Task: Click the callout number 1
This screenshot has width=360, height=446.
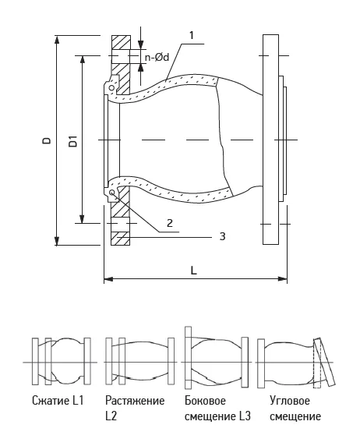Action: tap(192, 35)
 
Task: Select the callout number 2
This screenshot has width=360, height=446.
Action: tap(170, 223)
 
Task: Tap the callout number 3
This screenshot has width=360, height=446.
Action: tap(222, 236)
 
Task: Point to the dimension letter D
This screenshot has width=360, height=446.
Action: tap(47, 140)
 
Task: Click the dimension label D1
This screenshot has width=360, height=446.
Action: tap(72, 141)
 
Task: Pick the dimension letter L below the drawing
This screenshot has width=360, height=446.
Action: tap(193, 271)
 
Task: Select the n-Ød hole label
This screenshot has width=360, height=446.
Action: tap(157, 58)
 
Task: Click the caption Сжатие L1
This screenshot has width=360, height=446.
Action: tap(58, 401)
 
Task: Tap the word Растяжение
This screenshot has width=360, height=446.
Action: tap(135, 401)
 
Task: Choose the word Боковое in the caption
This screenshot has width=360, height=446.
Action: tap(205, 401)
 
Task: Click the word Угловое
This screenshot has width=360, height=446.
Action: tap(289, 401)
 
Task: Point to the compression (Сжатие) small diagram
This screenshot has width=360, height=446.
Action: tap(61, 361)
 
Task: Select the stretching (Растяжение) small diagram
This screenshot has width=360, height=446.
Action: tap(139, 361)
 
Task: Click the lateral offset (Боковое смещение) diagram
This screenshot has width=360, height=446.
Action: tap(217, 358)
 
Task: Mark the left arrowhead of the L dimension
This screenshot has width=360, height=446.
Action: tap(108, 279)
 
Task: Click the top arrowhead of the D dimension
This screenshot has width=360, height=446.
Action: tap(57, 40)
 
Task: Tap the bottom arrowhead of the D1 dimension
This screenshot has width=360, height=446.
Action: tap(82, 219)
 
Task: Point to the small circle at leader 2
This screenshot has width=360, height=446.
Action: tap(112, 193)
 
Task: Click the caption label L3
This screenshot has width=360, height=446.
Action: tap(245, 416)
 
